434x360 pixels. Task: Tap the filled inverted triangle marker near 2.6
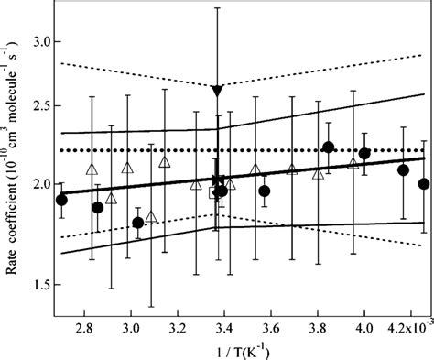pyautogui.click(x=217, y=90)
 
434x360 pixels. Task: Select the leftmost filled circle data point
pyautogui.click(x=61, y=200)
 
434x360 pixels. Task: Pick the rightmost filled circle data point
pyautogui.click(x=424, y=183)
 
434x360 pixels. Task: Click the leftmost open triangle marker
pyautogui.click(x=91, y=169)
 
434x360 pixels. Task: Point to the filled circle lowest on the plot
pyautogui.click(x=138, y=223)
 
